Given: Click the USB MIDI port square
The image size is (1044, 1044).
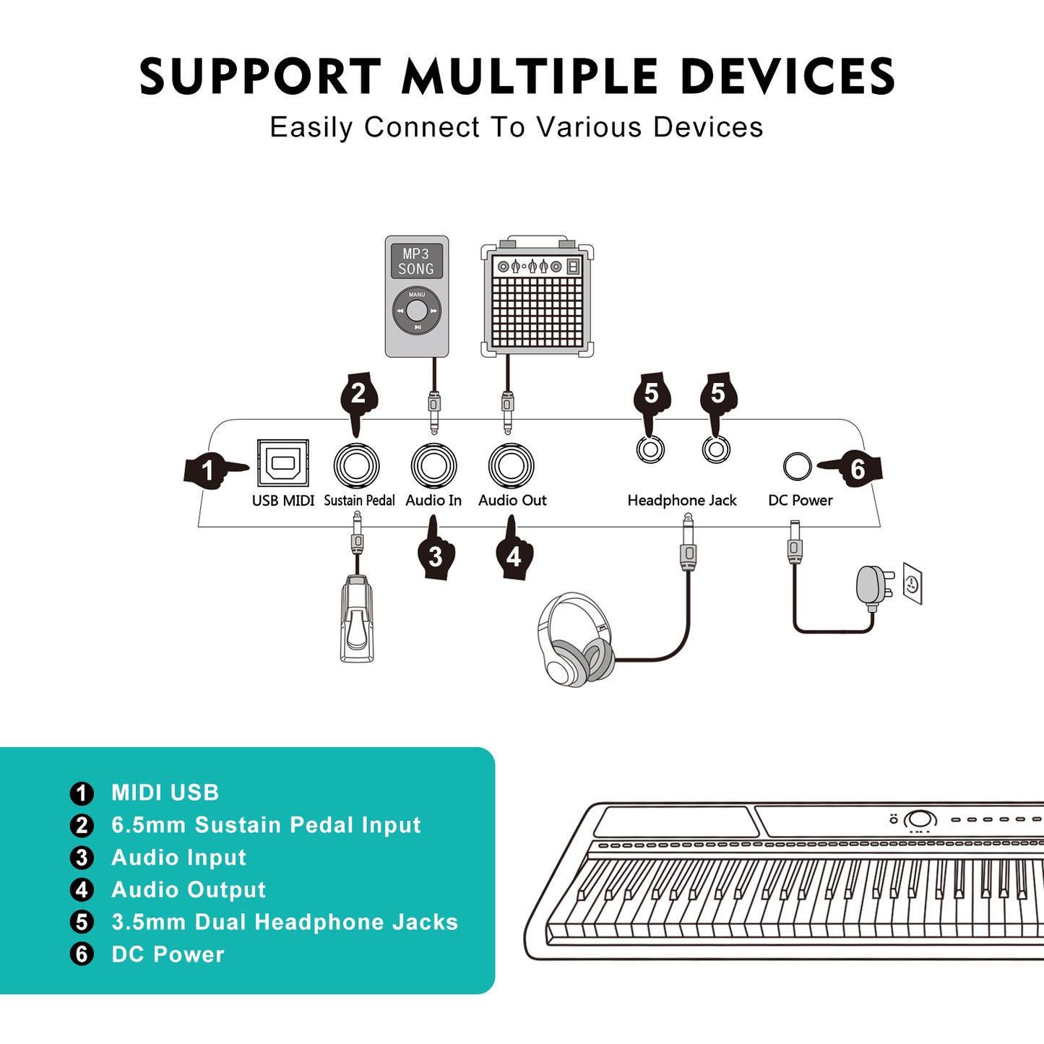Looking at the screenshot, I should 283,463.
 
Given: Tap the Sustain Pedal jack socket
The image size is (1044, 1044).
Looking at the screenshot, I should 357,466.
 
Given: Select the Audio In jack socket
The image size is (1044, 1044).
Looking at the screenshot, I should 433,466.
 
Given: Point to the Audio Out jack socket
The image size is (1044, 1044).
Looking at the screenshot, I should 511,466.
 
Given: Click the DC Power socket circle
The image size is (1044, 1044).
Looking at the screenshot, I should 798,466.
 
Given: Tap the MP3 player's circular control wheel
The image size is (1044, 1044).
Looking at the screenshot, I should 417,311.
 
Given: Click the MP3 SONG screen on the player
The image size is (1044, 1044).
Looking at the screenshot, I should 417,262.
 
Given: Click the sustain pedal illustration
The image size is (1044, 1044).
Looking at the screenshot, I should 357,618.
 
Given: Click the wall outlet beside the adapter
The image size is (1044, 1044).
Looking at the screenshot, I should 913,584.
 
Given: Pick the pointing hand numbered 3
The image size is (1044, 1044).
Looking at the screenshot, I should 436,553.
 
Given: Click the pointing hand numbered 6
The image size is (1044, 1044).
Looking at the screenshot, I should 855,469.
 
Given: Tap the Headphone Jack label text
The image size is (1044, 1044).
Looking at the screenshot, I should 681,500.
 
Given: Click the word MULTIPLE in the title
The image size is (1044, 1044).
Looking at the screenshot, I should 530,77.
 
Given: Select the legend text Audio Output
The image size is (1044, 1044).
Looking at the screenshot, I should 189,889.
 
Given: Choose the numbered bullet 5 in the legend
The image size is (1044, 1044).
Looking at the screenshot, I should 82,922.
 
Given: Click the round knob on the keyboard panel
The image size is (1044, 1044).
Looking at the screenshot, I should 920,819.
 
